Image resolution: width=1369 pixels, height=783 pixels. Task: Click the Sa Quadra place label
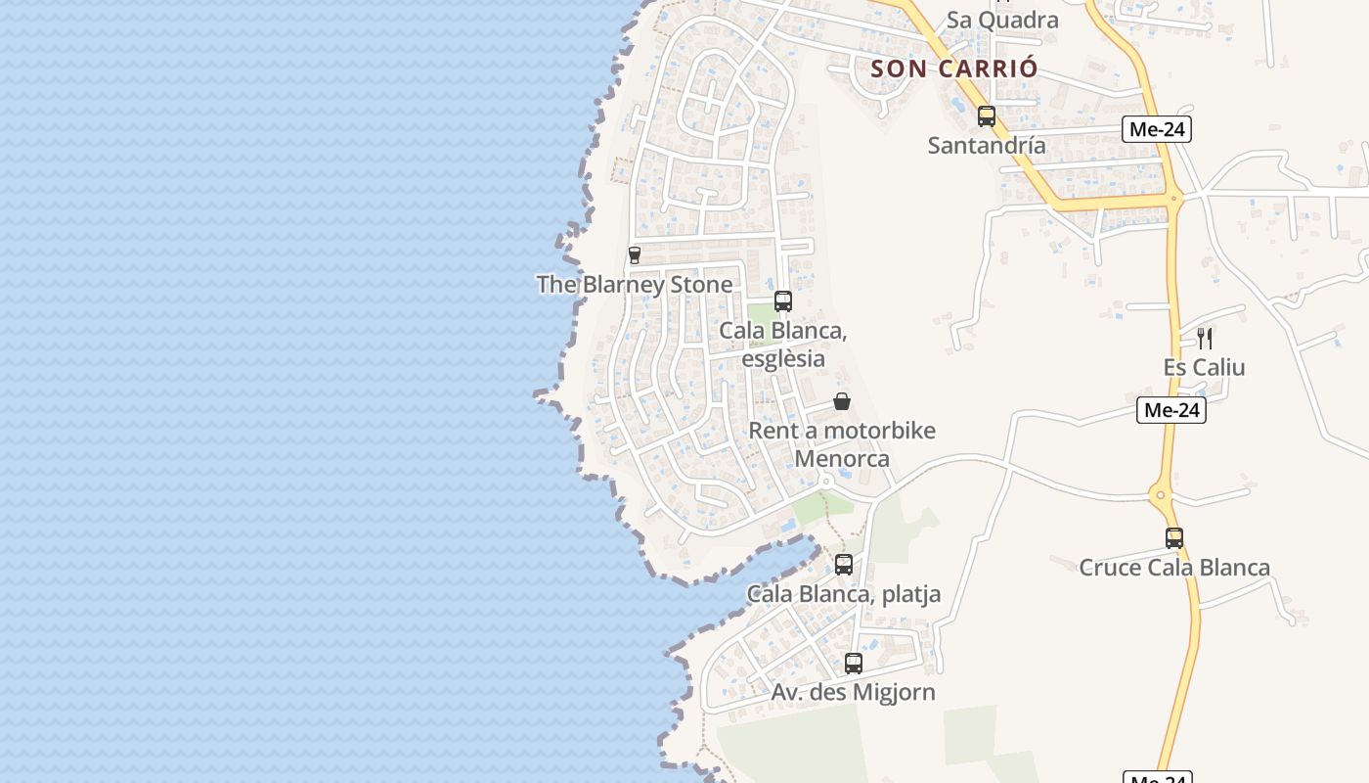(x=1002, y=20)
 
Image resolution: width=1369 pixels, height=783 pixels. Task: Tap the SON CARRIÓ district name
(x=953, y=69)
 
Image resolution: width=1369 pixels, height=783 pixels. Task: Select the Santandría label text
(x=987, y=146)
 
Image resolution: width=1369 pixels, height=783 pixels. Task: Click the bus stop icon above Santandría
(x=987, y=116)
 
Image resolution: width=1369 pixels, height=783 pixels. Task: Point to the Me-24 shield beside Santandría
(x=1158, y=129)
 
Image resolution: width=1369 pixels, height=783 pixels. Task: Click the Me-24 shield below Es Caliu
(x=1171, y=410)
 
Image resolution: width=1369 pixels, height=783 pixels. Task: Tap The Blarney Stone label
(x=635, y=285)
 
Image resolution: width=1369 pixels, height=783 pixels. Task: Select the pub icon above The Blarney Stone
(x=635, y=255)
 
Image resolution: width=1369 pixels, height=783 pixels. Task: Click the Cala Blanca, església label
(x=783, y=345)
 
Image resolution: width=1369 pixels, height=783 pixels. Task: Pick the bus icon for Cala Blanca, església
(x=783, y=301)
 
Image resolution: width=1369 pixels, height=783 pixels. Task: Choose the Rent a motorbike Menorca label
(x=842, y=444)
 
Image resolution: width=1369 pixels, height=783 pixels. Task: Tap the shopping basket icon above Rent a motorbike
(x=842, y=401)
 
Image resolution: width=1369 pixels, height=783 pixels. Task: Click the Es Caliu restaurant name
(x=1205, y=368)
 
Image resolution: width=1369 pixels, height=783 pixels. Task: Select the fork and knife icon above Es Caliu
(x=1205, y=339)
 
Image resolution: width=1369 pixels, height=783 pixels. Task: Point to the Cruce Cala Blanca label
(x=1174, y=568)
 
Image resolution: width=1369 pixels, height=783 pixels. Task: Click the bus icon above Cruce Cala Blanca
(x=1174, y=537)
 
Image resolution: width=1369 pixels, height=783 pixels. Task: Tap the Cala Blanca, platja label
(x=844, y=594)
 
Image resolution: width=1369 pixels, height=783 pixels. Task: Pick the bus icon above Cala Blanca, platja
(x=844, y=565)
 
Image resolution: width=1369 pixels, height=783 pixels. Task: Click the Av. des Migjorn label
(x=854, y=693)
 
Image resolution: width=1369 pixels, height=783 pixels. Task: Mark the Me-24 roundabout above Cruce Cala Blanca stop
(x=1161, y=495)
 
